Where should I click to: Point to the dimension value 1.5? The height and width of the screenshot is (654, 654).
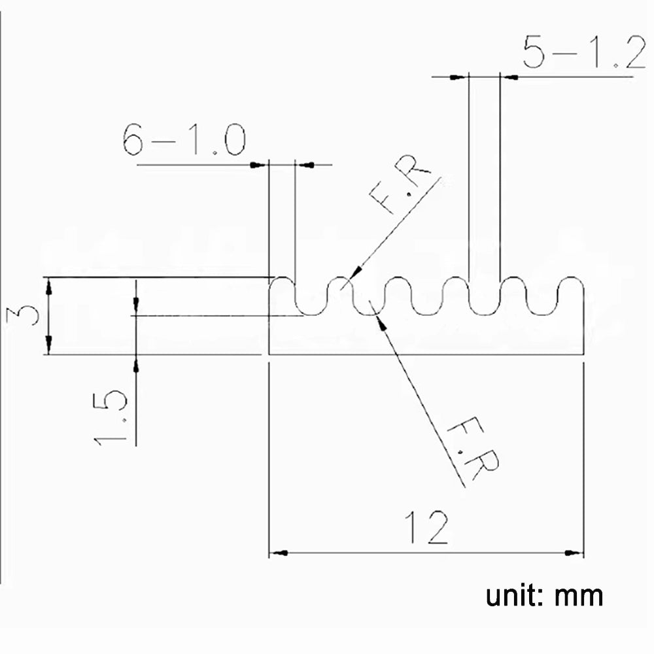(109, 419)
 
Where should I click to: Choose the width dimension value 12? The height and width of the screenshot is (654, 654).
(426, 528)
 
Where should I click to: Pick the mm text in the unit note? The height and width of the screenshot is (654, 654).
(579, 597)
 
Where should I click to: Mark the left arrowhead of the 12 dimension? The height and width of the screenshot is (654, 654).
(278, 553)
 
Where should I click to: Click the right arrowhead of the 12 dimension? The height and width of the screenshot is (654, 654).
(576, 553)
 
